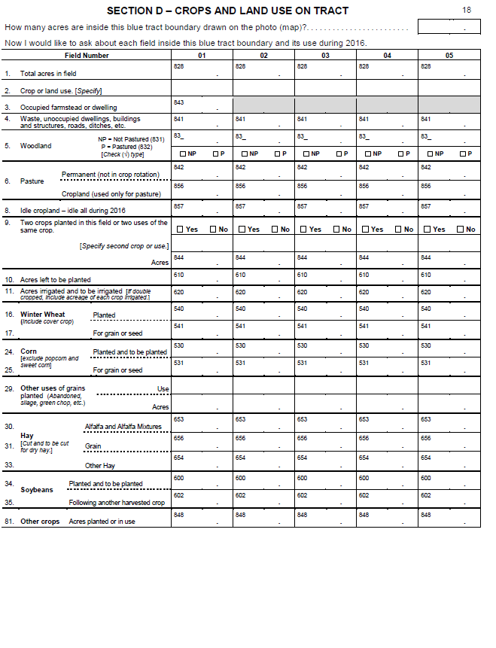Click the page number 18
467,10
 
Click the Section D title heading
227,11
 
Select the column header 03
325,56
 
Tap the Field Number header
87,56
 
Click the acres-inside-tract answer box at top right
449,26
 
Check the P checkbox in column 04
401,154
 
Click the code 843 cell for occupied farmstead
202,105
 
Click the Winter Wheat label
43,315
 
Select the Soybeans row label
37,490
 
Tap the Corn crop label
29,351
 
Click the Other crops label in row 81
40,522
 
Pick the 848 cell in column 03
325,519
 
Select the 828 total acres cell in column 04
387,71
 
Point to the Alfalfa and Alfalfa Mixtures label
123,427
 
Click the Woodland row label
36,146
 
